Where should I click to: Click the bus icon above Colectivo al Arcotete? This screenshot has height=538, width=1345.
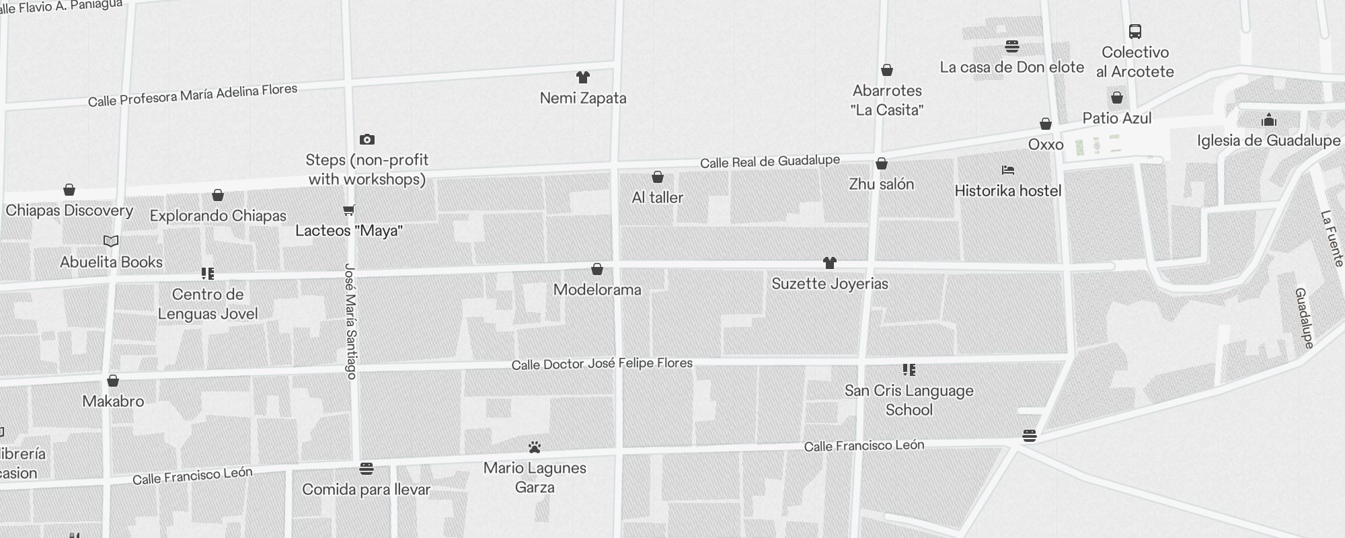(1135, 32)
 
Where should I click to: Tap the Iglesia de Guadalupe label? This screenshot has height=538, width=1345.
(1268, 141)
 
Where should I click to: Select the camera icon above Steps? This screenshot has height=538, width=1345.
(367, 139)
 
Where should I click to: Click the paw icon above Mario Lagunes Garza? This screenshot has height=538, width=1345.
(535, 447)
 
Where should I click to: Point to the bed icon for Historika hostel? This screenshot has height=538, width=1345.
(1007, 170)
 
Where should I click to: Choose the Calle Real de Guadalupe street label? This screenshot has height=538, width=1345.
(769, 161)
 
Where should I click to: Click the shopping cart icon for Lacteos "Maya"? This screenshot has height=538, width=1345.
(348, 210)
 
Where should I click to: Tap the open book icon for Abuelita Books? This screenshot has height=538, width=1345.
(111, 241)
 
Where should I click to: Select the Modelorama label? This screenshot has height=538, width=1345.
(597, 290)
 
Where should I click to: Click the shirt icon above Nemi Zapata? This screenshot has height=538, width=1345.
(583, 78)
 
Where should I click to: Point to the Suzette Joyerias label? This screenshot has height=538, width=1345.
(830, 284)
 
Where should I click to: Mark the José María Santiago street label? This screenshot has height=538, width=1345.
(350, 321)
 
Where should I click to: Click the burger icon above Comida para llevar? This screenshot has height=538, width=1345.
(367, 468)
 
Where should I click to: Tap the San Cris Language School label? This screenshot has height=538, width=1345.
(909, 400)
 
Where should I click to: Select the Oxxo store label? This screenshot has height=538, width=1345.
(1046, 145)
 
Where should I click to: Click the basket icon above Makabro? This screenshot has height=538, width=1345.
(113, 381)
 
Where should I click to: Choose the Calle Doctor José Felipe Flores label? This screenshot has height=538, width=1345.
(602, 364)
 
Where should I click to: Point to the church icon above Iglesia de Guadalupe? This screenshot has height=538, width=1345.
(1269, 120)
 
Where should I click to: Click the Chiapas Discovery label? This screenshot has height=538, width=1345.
(69, 210)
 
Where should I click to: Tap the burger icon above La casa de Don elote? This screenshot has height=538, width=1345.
(1012, 46)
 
